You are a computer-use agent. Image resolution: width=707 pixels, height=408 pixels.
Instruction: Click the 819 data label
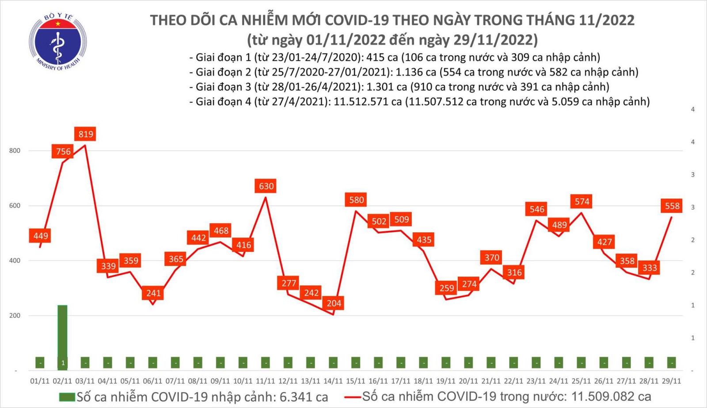pos(86,134)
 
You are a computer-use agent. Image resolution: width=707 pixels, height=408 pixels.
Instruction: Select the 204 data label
pos(334,303)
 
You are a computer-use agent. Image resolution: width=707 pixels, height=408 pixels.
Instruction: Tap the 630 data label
pos(266,186)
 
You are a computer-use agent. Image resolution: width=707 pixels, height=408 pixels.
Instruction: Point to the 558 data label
pos(672,206)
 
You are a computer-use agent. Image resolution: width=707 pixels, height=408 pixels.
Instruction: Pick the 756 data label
pos(63,151)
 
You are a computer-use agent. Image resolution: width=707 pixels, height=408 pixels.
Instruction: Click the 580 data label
pos(357,200)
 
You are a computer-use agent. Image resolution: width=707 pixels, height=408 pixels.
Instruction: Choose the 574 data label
pos(582,202)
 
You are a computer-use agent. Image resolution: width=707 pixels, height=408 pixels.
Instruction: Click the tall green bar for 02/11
pos(62,336)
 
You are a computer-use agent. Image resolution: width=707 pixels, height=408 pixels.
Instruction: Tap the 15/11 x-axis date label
pos(355,381)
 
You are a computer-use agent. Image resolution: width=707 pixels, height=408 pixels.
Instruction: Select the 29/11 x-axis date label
pos(671,381)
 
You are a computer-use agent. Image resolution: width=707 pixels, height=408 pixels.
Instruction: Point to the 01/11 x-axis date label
pos(40,381)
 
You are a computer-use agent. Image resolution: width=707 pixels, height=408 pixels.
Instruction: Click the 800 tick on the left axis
pos(15,150)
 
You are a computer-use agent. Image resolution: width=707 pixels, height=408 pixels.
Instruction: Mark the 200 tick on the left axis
pos(15,316)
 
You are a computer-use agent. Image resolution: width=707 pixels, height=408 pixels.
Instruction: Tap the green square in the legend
pos(67,397)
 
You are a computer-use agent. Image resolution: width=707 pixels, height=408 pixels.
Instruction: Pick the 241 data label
pos(153,293)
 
